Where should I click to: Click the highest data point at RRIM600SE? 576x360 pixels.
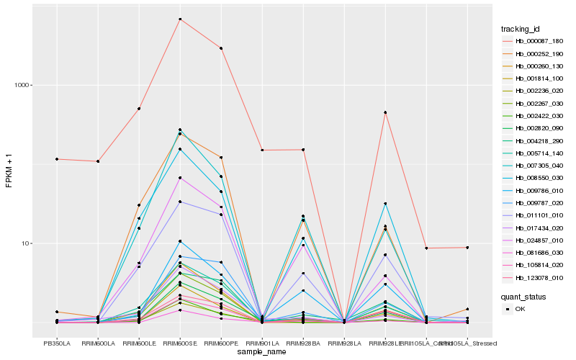point(180,19)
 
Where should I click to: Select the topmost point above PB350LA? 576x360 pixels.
point(56,158)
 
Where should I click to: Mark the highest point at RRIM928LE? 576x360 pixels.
point(385,112)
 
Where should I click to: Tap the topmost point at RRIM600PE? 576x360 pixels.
point(221,48)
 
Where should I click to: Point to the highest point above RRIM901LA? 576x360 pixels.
point(262,150)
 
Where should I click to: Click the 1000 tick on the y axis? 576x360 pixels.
point(24,85)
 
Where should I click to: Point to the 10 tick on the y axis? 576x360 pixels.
point(27,243)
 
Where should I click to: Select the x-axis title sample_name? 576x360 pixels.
point(261,351)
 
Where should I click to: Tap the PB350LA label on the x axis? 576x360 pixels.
point(56,343)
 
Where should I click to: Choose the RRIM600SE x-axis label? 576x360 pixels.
point(180,343)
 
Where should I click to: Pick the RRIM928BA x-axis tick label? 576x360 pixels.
point(303,343)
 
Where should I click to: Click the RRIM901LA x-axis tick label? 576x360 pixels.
point(262,343)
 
